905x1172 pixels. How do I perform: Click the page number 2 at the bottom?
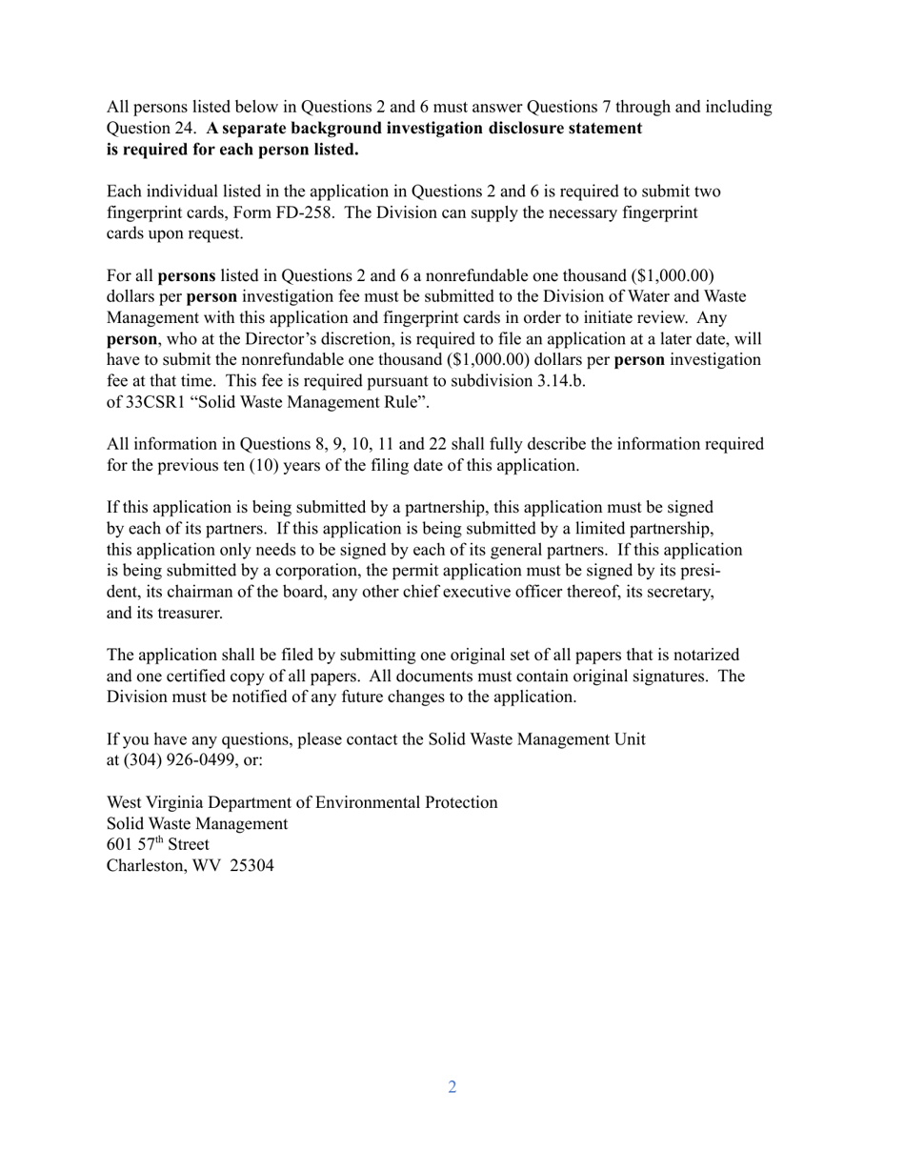click(x=452, y=1087)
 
